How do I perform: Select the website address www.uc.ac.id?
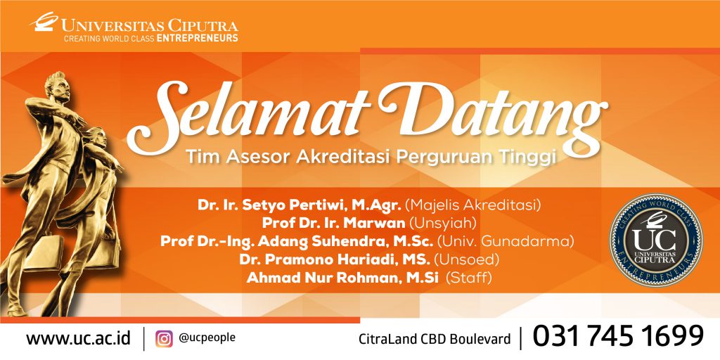point(78,338)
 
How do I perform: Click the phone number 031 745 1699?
point(618,337)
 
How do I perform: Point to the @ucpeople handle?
point(207,337)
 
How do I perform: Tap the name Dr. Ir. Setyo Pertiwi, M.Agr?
point(300,205)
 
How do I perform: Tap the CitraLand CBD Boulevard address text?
point(435,339)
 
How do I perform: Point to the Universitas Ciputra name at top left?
point(150,25)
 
